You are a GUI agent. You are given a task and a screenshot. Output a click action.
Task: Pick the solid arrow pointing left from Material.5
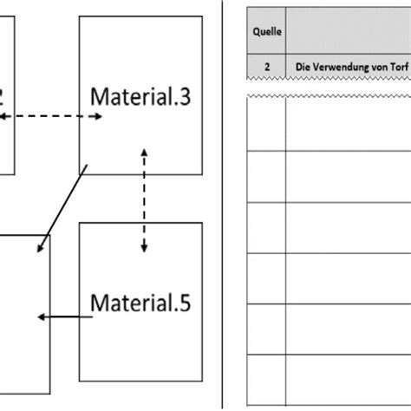tap(65, 317)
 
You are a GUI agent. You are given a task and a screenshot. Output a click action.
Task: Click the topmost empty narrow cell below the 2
tap(268, 126)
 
